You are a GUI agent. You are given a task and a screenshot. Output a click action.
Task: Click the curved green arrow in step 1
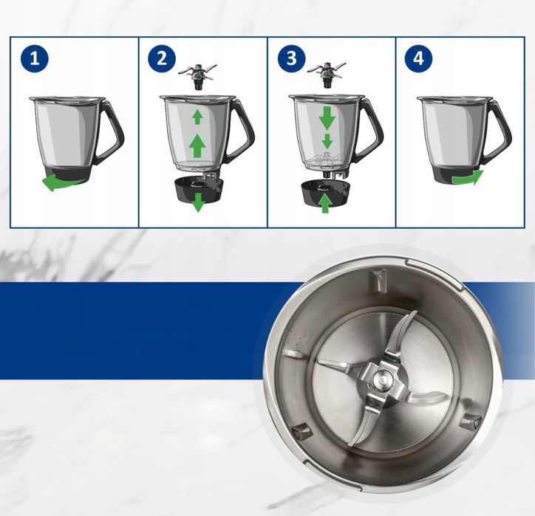pyautogui.click(x=59, y=182)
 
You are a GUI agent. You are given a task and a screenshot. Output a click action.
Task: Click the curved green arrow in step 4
pyautogui.click(x=468, y=178)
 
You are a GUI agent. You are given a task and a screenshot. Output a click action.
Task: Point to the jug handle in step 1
pyautogui.click(x=111, y=131)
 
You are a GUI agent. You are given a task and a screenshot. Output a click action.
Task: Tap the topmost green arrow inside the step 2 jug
pyautogui.click(x=197, y=116)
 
